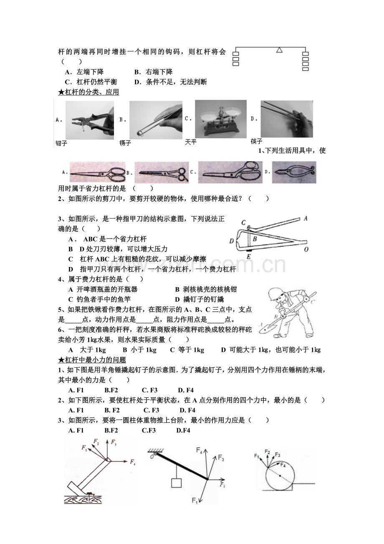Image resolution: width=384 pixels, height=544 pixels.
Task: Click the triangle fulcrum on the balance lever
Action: pyautogui.click(x=280, y=50)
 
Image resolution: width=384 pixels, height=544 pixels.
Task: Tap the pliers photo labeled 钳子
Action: pyautogui.click(x=90, y=120)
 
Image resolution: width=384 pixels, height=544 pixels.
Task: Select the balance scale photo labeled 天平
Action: pyautogui.click(x=221, y=119)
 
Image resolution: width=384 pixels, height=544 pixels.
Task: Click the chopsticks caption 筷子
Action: pyautogui.click(x=256, y=141)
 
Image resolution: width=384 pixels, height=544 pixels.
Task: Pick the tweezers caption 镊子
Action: pyautogui.click(x=125, y=143)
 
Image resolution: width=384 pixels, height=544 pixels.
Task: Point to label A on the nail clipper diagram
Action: pyautogui.click(x=306, y=219)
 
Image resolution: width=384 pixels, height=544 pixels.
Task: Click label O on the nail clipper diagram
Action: pyautogui.click(x=306, y=249)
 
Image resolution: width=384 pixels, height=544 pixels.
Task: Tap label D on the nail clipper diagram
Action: pyautogui.click(x=232, y=241)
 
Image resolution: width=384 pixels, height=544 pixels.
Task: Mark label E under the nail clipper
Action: pyautogui.click(x=248, y=257)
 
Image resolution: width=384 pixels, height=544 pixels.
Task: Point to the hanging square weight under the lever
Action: pyautogui.click(x=177, y=483)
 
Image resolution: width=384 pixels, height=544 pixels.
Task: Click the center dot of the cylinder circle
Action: pyautogui.click(x=280, y=476)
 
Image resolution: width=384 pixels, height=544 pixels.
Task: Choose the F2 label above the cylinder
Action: pyautogui.click(x=267, y=452)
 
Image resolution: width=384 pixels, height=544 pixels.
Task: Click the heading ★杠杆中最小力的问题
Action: pyautogui.click(x=92, y=360)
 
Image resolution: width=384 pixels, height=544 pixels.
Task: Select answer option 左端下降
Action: pyautogui.click(x=90, y=72)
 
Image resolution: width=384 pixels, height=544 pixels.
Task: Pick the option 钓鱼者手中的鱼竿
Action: pyautogui.click(x=104, y=300)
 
